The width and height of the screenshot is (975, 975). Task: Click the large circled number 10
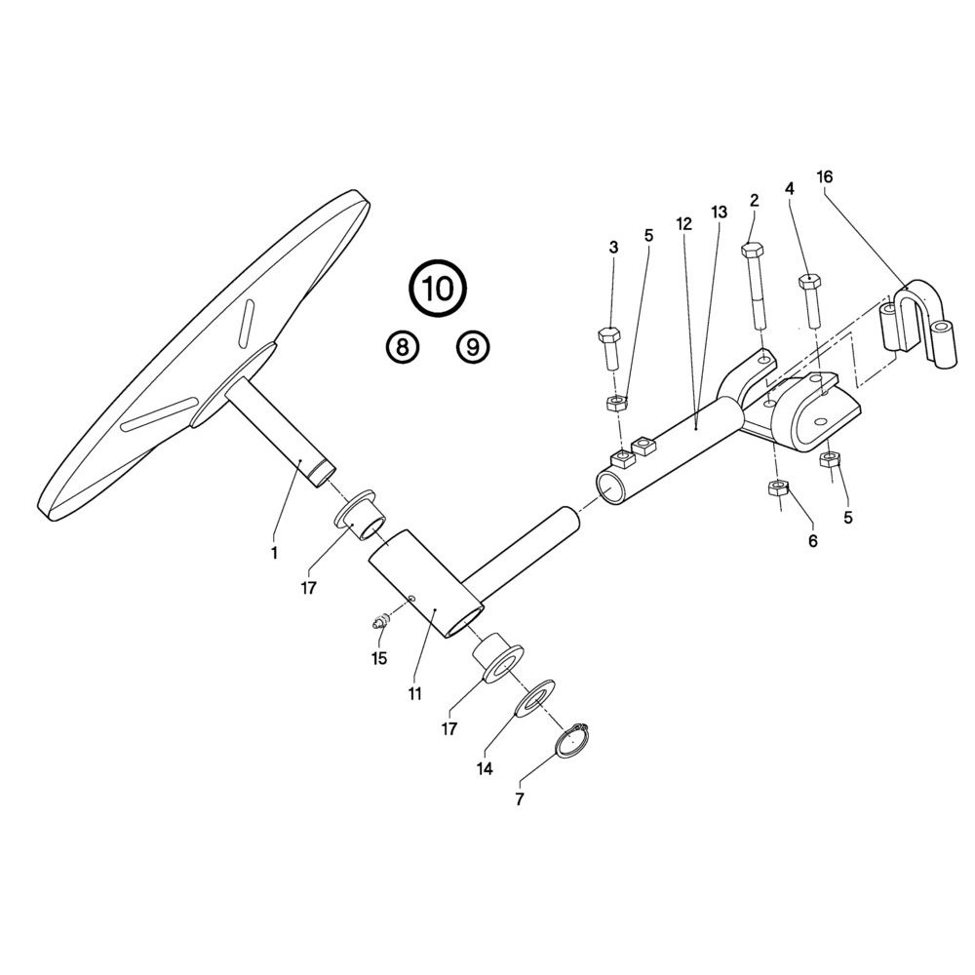pyautogui.click(x=437, y=289)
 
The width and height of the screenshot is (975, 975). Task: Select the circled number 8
pyautogui.click(x=403, y=347)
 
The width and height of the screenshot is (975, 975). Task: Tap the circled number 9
pyautogui.click(x=473, y=347)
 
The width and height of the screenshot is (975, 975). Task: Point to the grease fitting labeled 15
pyautogui.click(x=380, y=622)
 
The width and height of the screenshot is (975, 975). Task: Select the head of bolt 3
pyautogui.click(x=608, y=334)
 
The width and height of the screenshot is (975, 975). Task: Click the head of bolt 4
pyautogui.click(x=809, y=281)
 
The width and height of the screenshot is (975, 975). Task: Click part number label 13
pyautogui.click(x=719, y=213)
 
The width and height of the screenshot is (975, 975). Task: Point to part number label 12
pyautogui.click(x=683, y=224)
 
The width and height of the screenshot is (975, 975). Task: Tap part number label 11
pyautogui.click(x=414, y=693)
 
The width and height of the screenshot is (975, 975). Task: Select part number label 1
pyautogui.click(x=274, y=553)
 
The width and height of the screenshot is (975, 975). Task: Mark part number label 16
pyautogui.click(x=824, y=177)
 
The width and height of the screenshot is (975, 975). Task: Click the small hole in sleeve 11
pyautogui.click(x=411, y=599)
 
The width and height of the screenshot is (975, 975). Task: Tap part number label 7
pyautogui.click(x=520, y=799)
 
